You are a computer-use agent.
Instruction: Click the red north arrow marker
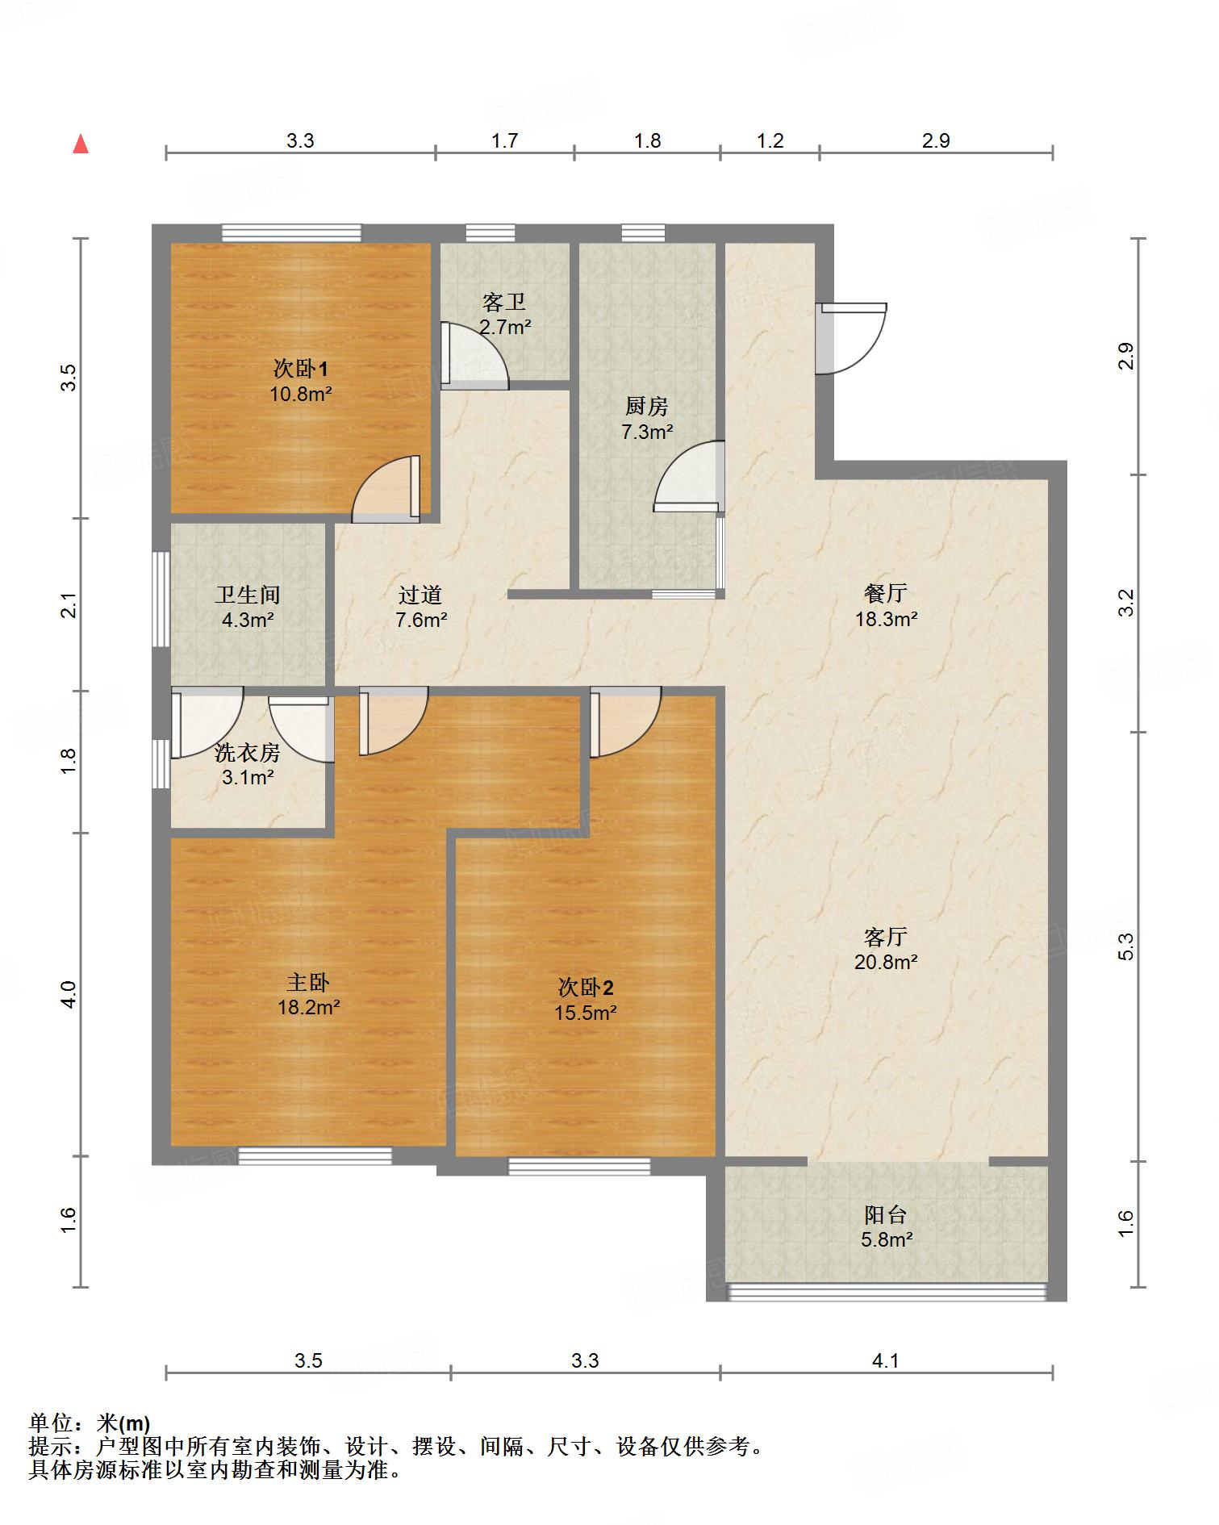[x=81, y=144]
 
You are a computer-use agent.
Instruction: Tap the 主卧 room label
[x=308, y=982]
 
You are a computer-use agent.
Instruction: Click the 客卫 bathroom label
[x=504, y=303]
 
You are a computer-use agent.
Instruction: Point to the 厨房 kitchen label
[x=647, y=407]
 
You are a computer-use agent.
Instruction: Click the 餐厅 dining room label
[x=886, y=594]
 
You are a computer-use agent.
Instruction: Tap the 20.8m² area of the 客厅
[x=886, y=962]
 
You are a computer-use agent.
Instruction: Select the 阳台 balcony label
[x=886, y=1214]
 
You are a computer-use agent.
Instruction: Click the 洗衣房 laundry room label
[x=247, y=753]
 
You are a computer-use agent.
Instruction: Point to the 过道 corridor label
[x=420, y=595]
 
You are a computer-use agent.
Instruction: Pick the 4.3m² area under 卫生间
[x=248, y=620]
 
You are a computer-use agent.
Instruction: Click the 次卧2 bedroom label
[x=586, y=987]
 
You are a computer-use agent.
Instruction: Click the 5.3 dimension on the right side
[x=1126, y=946]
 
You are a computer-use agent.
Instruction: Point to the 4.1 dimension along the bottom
[x=886, y=1361]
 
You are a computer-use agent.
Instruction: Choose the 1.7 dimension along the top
[x=504, y=141]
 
